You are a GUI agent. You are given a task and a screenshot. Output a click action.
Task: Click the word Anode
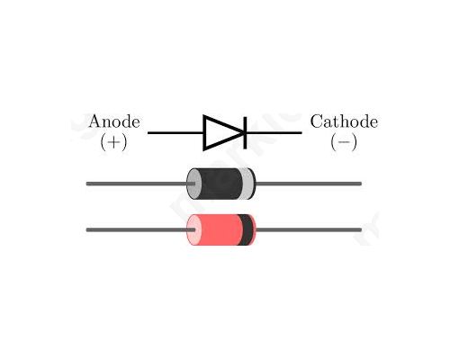point(114,121)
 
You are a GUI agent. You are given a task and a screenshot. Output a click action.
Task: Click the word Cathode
point(344,121)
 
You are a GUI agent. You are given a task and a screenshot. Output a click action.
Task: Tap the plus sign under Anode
point(113,142)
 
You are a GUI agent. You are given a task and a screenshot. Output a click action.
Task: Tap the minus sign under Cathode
point(344,142)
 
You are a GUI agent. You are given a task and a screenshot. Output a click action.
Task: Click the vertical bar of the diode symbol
point(245,132)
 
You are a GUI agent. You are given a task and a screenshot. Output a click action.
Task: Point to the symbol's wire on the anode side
point(175,132)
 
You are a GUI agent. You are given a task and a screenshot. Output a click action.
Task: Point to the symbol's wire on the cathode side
point(274,132)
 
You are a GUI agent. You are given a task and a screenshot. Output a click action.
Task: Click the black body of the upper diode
point(220,184)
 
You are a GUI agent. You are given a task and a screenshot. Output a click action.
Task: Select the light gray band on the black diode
point(247,184)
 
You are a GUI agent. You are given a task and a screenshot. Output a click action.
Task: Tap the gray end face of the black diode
point(193,184)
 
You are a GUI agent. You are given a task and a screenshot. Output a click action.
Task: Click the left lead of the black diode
point(140,184)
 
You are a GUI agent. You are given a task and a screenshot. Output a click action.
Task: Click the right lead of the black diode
point(309,184)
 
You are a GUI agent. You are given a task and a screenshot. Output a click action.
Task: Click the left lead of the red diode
point(140,230)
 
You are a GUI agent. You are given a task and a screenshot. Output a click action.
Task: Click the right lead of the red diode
point(309,230)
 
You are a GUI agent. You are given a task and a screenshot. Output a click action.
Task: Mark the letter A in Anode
point(95,121)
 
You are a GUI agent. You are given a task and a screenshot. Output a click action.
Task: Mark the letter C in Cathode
point(317,121)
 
